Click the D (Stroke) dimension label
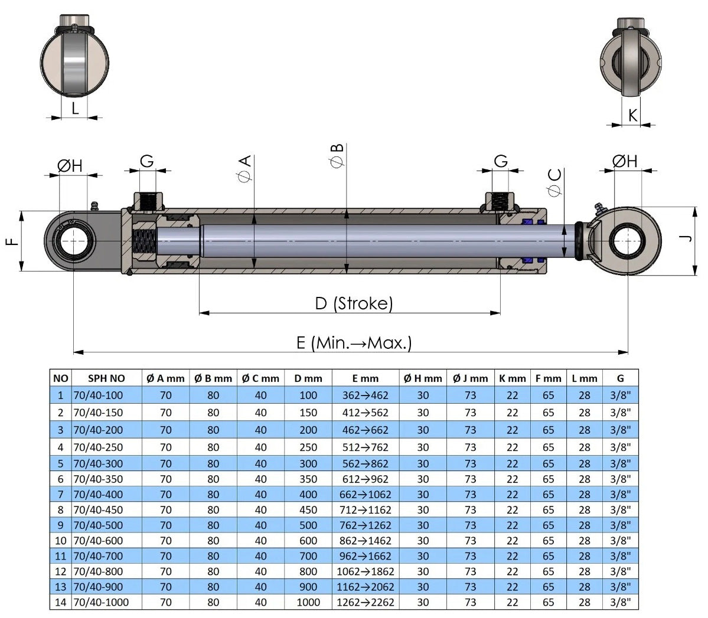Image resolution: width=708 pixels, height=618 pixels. (353, 303)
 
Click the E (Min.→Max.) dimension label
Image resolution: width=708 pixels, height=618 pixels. (354, 342)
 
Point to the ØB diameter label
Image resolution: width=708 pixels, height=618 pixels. (337, 156)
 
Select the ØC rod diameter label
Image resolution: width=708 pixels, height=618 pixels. (554, 182)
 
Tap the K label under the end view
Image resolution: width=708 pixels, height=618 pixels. (632, 115)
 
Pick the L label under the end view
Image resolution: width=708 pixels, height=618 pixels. (75, 109)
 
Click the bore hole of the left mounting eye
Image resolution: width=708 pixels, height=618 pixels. (73, 241)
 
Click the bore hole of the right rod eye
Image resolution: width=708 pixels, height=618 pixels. (627, 240)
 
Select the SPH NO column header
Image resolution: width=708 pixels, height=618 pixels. (106, 378)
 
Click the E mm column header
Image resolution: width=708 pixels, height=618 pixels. (365, 378)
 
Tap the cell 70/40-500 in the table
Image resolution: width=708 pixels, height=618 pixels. (98, 525)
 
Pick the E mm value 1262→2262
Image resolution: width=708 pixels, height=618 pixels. (365, 603)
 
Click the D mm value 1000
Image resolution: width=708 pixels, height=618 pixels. (308, 603)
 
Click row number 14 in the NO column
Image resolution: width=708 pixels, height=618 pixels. (61, 603)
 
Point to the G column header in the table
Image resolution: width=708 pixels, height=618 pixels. (620, 378)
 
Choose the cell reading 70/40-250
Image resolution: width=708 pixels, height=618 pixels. (98, 447)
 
